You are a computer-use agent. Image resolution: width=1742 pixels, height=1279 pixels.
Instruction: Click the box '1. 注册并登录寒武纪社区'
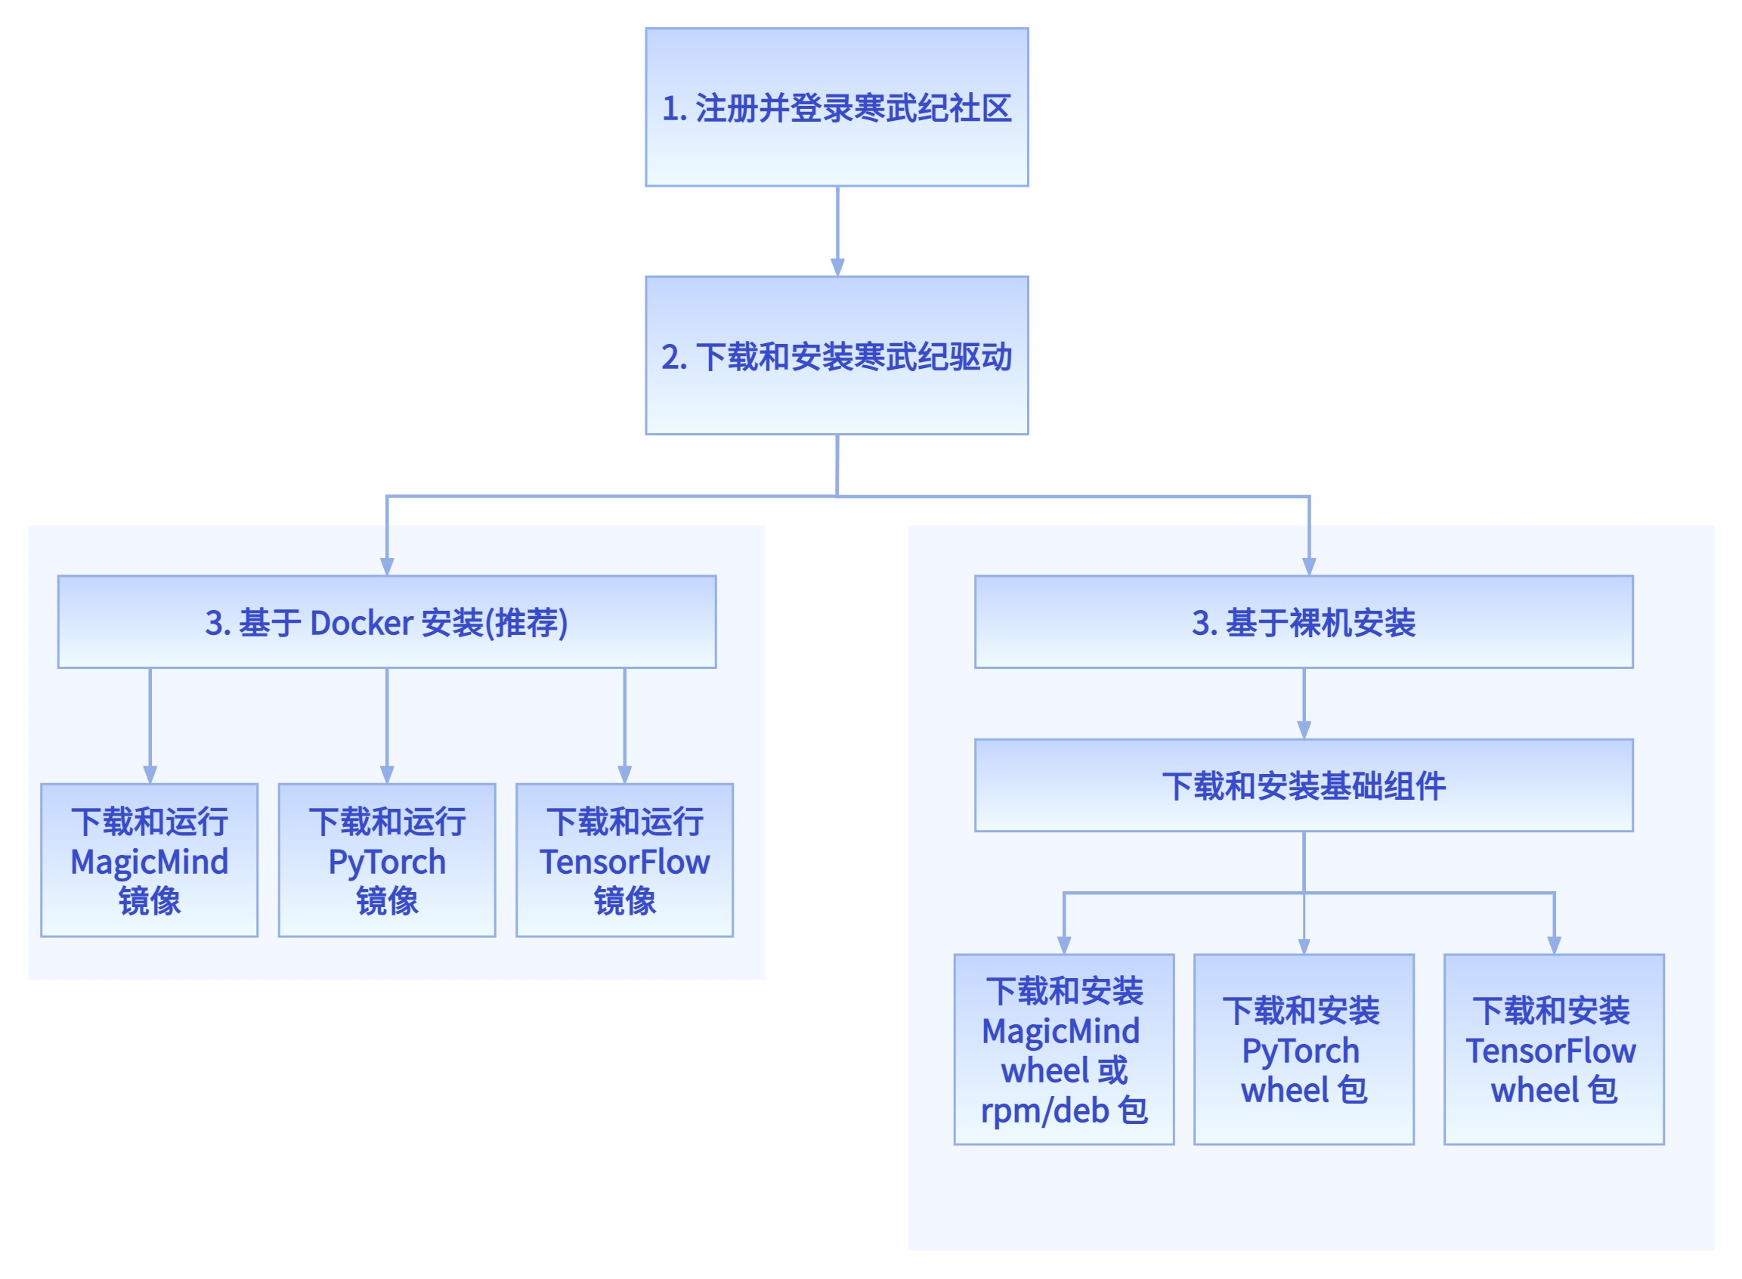coord(837,107)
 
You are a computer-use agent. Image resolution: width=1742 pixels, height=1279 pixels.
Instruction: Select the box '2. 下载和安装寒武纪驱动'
coord(837,355)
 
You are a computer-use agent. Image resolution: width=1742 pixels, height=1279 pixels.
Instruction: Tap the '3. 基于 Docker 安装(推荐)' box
coord(387,621)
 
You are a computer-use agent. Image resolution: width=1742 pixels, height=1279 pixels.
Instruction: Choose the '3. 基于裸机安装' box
coord(1303,621)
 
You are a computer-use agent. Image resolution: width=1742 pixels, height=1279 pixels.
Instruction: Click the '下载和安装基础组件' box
coord(1303,785)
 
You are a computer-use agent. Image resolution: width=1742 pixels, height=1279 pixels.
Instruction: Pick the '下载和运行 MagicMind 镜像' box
coord(150,860)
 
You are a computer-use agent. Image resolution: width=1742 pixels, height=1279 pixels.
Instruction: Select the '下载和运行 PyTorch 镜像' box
coord(387,860)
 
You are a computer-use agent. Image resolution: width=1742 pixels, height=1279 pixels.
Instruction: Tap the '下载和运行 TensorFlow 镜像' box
coord(624,860)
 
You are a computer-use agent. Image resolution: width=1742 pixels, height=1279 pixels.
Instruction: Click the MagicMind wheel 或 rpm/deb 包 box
coord(1063,1049)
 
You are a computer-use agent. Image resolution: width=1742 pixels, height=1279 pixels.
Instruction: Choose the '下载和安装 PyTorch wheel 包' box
coord(1303,1049)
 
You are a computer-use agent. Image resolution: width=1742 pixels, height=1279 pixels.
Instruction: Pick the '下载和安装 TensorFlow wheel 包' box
coord(1553,1049)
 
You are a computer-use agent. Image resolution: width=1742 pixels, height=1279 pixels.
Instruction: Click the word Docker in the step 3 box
coord(361,622)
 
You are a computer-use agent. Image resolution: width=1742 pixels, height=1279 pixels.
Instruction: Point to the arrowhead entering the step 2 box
coord(837,267)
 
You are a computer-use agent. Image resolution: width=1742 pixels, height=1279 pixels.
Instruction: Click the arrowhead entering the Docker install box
coord(387,566)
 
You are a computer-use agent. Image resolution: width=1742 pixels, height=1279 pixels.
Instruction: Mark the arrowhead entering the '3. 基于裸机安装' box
coord(1309,566)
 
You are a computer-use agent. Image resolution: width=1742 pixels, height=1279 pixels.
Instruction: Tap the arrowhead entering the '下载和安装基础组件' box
coord(1303,729)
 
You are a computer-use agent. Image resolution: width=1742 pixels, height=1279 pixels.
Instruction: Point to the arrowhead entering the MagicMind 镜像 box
coord(150,774)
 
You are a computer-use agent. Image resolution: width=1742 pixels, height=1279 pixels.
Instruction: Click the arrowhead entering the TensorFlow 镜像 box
coord(624,774)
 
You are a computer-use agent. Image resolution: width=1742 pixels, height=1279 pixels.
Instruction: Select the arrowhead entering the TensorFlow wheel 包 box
coord(1553,945)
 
